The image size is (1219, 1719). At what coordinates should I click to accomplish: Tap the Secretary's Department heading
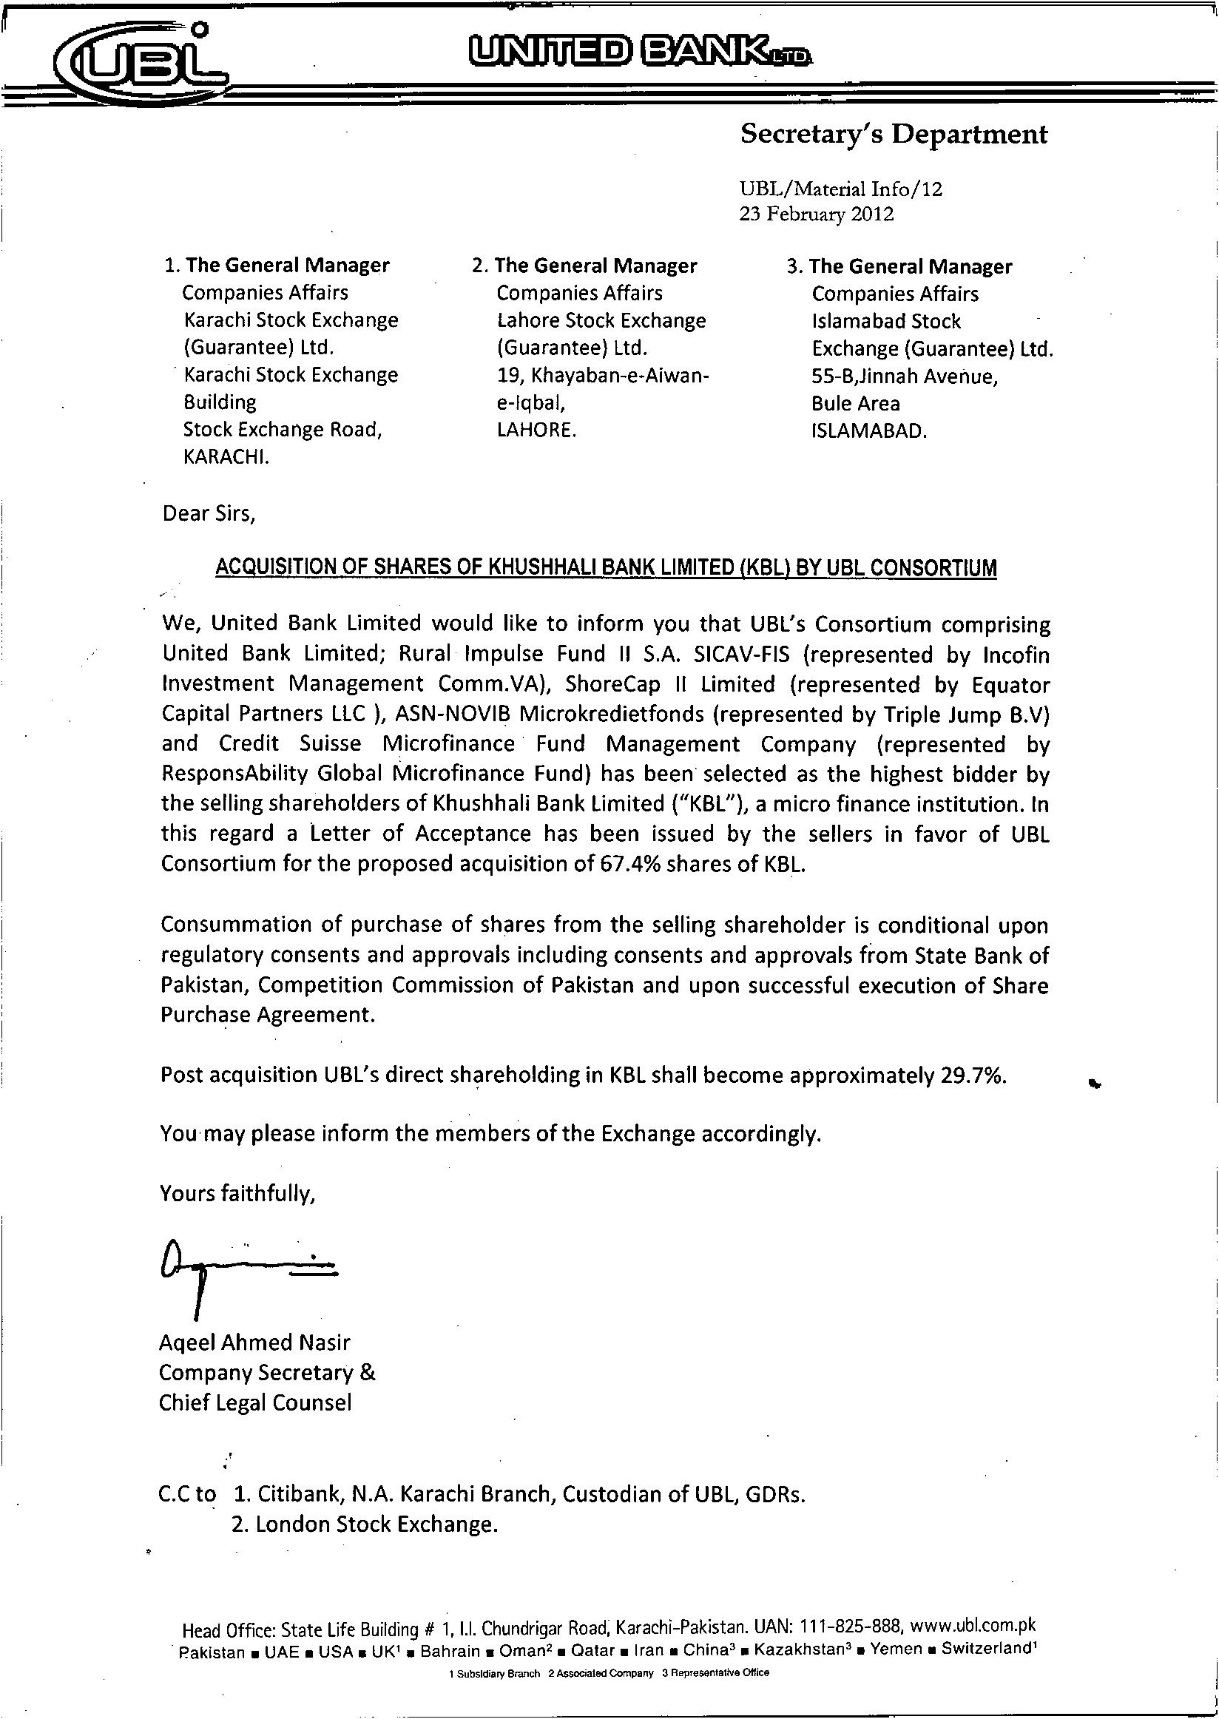click(894, 135)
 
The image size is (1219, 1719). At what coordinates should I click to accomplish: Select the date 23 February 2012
click(817, 215)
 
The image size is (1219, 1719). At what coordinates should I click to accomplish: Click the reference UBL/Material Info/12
click(841, 189)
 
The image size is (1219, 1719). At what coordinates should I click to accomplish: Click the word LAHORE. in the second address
click(537, 431)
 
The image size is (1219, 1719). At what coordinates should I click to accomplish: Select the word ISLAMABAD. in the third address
click(869, 433)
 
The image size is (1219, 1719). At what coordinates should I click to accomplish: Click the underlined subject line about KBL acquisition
click(606, 567)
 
